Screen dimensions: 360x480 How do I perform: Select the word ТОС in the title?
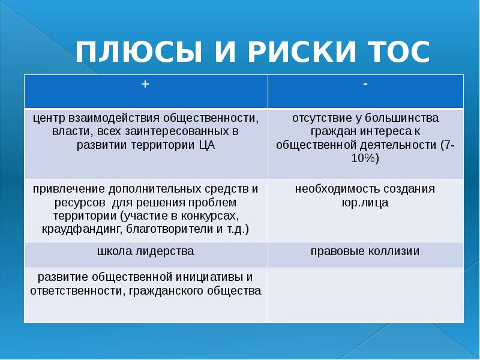pos(396,53)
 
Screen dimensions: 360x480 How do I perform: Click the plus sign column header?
pos(145,85)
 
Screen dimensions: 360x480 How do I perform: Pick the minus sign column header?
pos(365,84)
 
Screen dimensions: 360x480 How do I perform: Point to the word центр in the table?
pos(49,118)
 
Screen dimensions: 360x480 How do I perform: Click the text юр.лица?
pos(365,202)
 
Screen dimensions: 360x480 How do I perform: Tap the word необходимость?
pos(331,189)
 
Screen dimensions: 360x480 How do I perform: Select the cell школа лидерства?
pos(145,251)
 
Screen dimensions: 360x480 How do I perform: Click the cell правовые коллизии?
pos(365,251)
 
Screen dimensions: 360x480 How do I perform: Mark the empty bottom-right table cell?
pos(365,294)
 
